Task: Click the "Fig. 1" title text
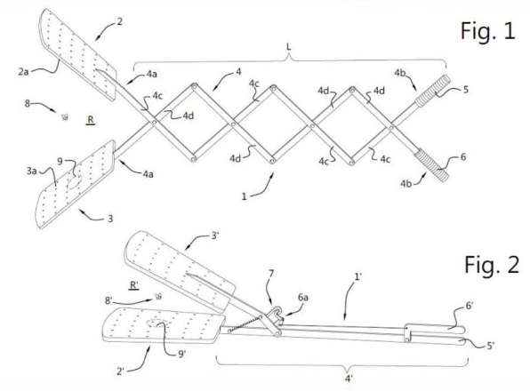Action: (487, 30)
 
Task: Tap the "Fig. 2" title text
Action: (492, 265)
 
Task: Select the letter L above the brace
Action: (288, 46)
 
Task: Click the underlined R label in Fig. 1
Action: (91, 120)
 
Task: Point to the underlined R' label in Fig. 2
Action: (134, 285)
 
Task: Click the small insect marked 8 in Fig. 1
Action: (65, 116)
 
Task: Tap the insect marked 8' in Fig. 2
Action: (158, 297)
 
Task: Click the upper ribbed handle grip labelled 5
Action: (433, 92)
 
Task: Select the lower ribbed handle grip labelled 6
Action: (432, 166)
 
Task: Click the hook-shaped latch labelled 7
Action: (277, 315)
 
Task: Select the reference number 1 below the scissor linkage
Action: (244, 196)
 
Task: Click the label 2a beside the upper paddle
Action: (23, 72)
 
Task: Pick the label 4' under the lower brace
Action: (349, 379)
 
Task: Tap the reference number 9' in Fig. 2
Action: (181, 354)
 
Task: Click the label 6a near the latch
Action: (303, 298)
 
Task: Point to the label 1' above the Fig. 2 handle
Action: (358, 277)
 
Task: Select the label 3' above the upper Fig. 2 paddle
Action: (215, 235)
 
